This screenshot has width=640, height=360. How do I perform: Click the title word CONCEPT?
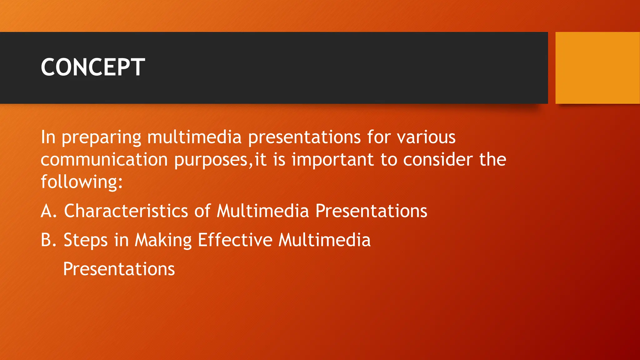tap(93, 67)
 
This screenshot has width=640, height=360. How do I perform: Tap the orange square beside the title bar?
tap(597, 68)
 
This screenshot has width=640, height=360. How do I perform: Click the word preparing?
tap(102, 137)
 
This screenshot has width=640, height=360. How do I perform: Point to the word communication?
tap(104, 160)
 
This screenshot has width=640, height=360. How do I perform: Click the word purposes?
tap(211, 160)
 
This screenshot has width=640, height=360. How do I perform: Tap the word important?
tap(332, 160)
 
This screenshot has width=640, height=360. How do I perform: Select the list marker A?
tap(48, 211)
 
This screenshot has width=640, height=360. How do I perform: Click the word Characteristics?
tap(126, 211)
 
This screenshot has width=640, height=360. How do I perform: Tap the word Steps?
tap(85, 241)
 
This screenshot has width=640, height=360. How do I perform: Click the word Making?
tap(163, 241)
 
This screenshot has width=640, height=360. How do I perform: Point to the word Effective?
tap(235, 240)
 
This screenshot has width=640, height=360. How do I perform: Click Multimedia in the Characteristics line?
tap(262, 211)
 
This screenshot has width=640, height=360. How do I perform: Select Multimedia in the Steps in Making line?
tap(324, 240)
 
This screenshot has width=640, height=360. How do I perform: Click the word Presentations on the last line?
tap(119, 269)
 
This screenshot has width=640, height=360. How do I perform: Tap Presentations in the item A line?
tap(371, 211)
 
